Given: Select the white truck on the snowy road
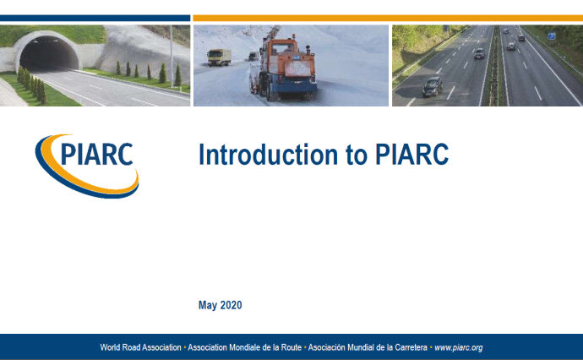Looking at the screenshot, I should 218,57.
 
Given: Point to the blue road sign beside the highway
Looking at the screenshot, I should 551,36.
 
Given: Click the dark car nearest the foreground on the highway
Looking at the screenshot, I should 432,85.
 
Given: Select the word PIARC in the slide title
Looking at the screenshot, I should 407,155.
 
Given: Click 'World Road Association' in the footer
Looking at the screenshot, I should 140,347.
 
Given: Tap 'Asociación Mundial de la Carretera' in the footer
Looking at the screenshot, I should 368,347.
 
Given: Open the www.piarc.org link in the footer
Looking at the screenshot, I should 458,347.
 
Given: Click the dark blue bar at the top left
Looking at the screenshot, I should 95,18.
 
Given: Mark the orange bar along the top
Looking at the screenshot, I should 387,18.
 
